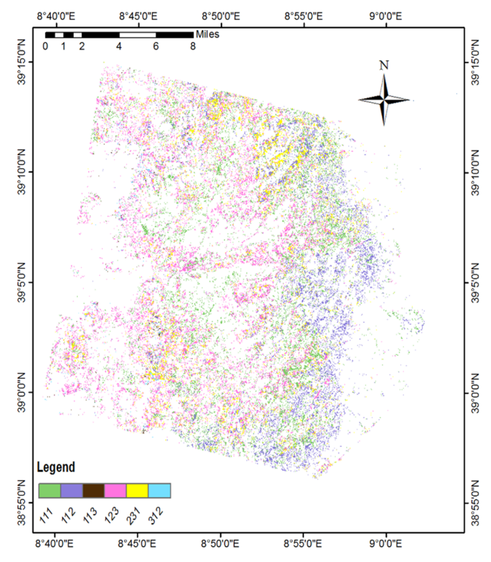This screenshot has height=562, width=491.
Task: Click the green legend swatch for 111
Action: (x=49, y=490)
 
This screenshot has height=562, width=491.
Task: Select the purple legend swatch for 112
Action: (x=72, y=490)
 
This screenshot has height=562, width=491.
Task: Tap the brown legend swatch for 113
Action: (x=93, y=490)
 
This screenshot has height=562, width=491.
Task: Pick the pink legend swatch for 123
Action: (x=115, y=490)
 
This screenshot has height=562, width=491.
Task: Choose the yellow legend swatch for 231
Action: (x=137, y=490)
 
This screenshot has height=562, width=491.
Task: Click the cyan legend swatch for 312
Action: (x=159, y=490)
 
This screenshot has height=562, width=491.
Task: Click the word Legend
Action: (x=56, y=467)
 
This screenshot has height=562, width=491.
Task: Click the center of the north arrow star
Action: (x=384, y=100)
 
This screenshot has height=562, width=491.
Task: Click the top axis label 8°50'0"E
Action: (x=221, y=16)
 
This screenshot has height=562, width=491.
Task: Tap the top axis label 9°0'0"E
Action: (x=386, y=16)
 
